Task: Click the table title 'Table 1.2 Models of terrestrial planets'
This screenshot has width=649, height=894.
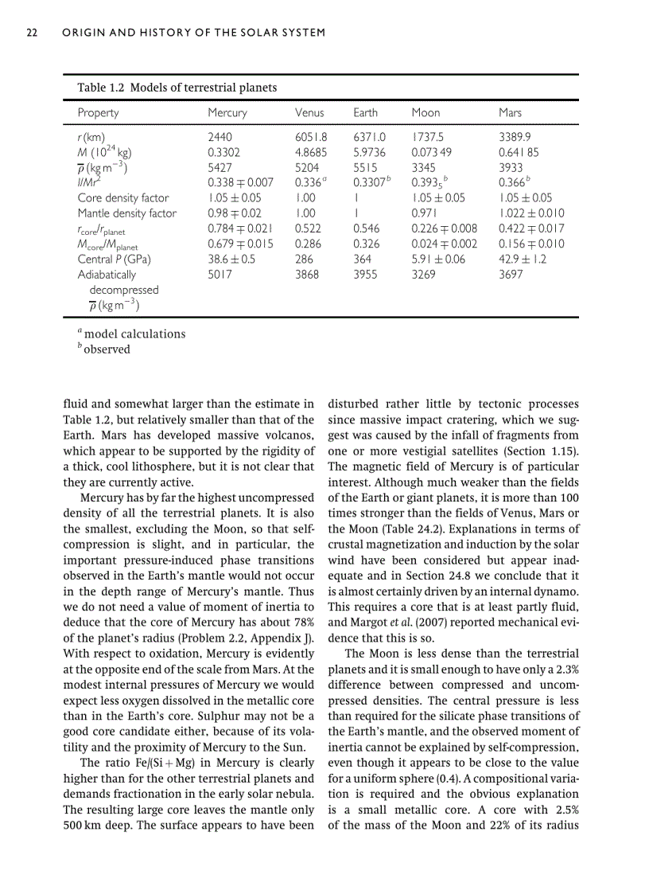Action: point(177,88)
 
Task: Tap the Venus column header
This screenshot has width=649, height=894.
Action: point(309,113)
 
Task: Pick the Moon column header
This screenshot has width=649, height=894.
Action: point(426,113)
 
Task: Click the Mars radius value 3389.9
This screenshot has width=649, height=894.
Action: point(515,137)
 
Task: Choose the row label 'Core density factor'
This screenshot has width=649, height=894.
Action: point(122,198)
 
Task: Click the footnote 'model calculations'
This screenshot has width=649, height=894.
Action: point(134,334)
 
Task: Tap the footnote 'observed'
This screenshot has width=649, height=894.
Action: point(107,349)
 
